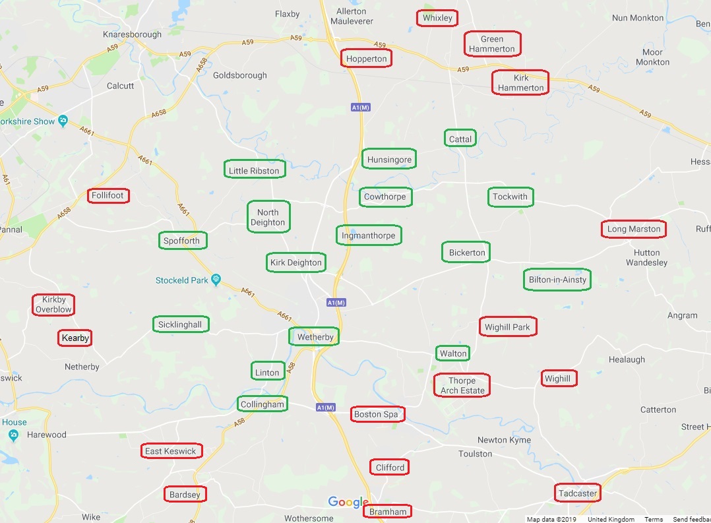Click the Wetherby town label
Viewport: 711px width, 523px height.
tap(315, 337)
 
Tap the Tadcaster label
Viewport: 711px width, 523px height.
tap(578, 493)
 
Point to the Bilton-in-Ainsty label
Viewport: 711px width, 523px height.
tap(557, 280)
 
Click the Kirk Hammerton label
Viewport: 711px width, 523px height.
tap(520, 82)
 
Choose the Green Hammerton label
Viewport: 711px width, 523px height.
tap(492, 44)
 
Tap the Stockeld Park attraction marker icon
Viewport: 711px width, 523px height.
tap(214, 280)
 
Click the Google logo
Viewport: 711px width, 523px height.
tap(348, 503)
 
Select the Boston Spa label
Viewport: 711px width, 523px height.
tap(377, 414)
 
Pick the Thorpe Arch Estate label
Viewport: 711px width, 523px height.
tap(462, 385)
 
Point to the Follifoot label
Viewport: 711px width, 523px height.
tap(108, 195)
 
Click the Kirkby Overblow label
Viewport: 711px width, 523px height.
tap(53, 304)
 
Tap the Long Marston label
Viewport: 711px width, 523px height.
tap(634, 229)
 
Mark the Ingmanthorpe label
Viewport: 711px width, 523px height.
tap(369, 235)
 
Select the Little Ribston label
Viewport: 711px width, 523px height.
tap(254, 171)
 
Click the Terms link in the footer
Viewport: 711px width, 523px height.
tap(654, 519)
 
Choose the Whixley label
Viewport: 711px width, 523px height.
tap(437, 18)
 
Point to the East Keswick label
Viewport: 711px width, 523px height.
tap(171, 451)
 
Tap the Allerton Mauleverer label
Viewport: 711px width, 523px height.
tap(351, 16)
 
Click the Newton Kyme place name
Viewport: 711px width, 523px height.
tap(504, 440)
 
